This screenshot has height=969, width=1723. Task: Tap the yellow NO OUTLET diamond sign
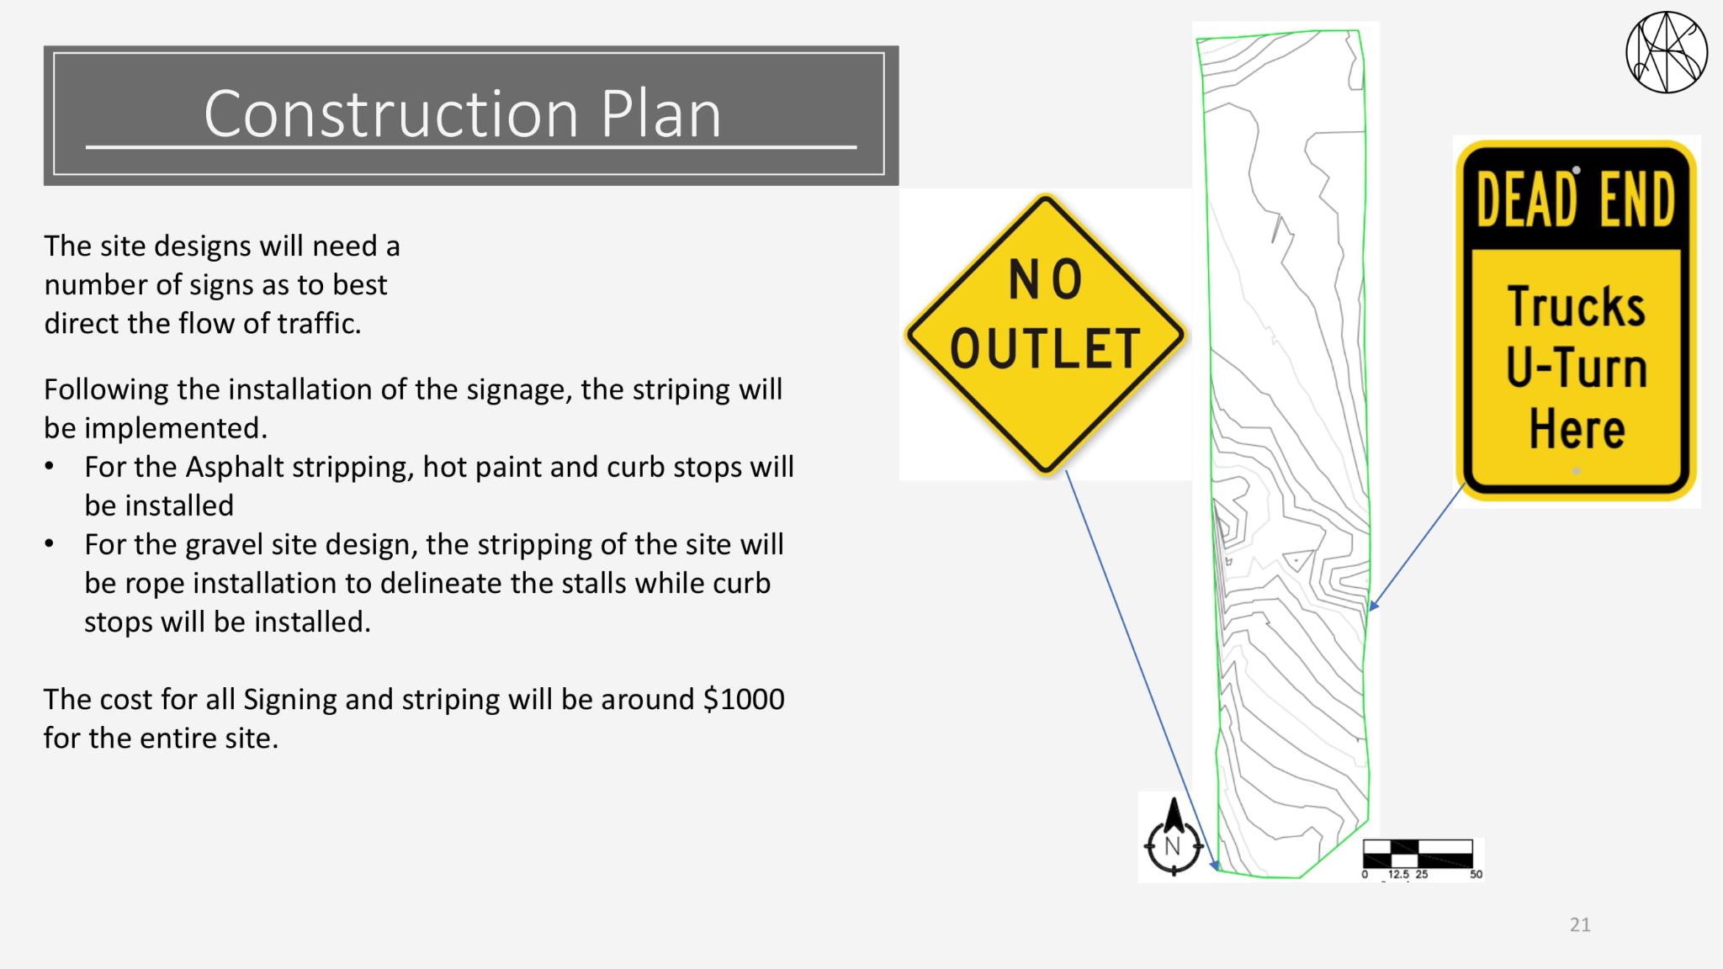[x=1045, y=335]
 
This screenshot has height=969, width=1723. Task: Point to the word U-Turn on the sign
[x=1576, y=368]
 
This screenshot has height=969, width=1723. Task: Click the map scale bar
[x=1418, y=853]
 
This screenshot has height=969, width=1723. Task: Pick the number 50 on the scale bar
[x=1476, y=875]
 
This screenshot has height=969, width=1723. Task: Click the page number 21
[x=1580, y=925]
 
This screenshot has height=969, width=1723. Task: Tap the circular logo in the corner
[x=1667, y=52]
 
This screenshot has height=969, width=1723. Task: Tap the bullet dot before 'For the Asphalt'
[x=50, y=467]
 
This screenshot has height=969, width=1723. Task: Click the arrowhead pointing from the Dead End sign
[x=1374, y=605]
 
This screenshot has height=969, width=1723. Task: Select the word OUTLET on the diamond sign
[x=1045, y=348]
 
